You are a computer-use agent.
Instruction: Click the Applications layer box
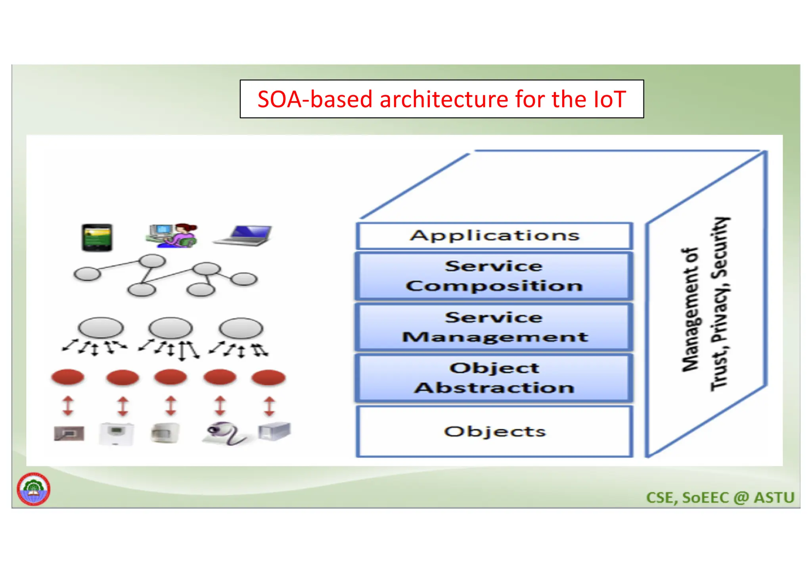(x=494, y=236)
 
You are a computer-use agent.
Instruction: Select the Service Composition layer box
(x=494, y=276)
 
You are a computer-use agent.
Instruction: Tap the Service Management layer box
(x=494, y=327)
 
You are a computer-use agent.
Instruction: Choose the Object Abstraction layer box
(x=494, y=378)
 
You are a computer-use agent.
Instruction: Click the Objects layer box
(x=494, y=431)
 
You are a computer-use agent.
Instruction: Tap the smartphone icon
(x=97, y=237)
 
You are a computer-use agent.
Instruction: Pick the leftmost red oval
(x=68, y=377)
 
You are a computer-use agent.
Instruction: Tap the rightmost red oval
(x=268, y=377)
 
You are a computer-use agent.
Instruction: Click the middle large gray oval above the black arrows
(x=170, y=328)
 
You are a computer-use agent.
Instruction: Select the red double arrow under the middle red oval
(x=171, y=406)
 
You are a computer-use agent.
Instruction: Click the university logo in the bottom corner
(x=34, y=489)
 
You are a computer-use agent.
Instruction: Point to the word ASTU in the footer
(x=774, y=497)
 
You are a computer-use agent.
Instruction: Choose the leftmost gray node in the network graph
(x=87, y=274)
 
